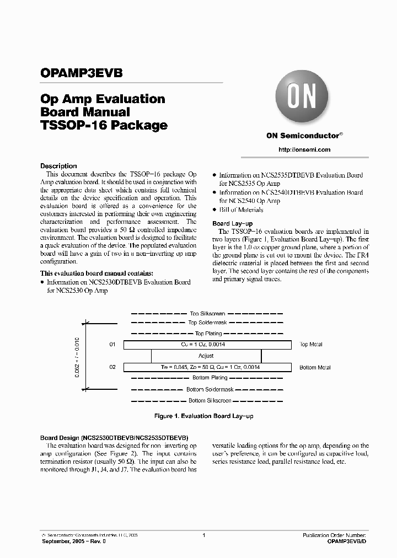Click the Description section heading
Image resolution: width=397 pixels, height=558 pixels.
click(x=59, y=166)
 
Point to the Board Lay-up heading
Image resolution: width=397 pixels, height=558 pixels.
click(x=232, y=223)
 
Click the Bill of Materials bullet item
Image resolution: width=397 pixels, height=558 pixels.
click(x=241, y=210)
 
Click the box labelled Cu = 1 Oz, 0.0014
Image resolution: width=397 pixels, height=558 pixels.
click(x=207, y=345)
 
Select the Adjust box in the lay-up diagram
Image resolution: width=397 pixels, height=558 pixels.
click(x=206, y=356)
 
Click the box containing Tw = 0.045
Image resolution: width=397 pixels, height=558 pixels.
click(x=207, y=367)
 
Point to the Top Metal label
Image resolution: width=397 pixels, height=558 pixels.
click(x=311, y=345)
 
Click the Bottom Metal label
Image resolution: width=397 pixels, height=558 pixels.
click(x=315, y=367)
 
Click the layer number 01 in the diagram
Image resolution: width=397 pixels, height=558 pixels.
click(x=112, y=345)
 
